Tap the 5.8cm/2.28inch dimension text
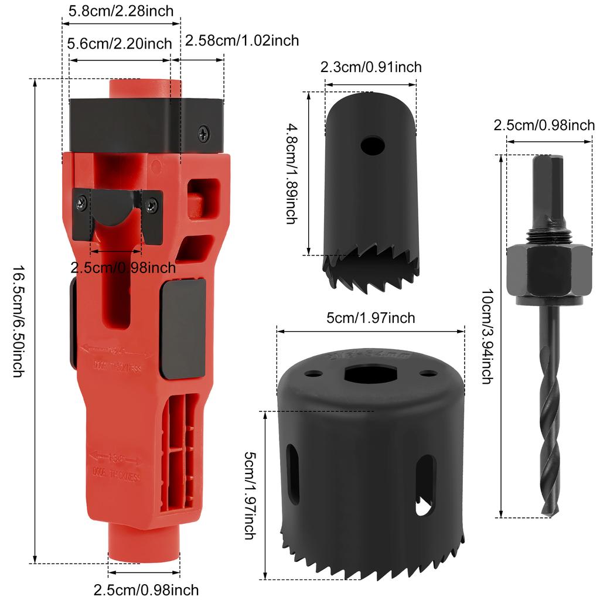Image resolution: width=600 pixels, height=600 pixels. (121, 10)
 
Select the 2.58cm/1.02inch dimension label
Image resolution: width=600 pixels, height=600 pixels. (242, 40)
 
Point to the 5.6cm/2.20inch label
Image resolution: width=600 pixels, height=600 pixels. (120, 44)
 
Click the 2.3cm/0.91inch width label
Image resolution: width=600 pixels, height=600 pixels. (371, 67)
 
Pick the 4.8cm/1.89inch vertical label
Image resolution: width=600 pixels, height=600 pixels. (291, 173)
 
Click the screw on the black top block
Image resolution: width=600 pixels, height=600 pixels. (203, 133)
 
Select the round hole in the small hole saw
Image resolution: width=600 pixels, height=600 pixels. (373, 145)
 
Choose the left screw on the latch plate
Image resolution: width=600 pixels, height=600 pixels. (80, 203)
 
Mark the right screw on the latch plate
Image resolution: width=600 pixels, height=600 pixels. (152, 205)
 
